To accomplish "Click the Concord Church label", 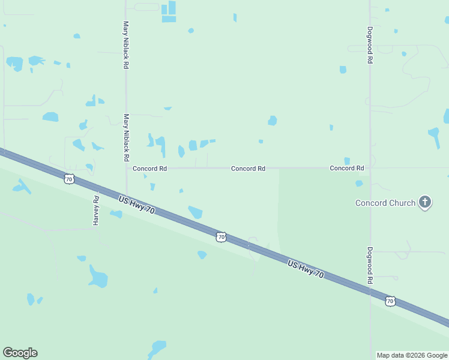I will [x=385, y=203].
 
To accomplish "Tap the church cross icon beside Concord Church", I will [x=425, y=202].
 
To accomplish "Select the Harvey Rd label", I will [x=95, y=210].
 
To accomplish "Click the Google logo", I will [x=20, y=353].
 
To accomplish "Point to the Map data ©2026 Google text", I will [x=412, y=355].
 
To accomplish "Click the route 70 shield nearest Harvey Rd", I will [x=70, y=179].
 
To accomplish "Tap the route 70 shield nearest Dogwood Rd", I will [x=390, y=301].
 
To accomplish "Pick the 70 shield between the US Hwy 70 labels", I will [x=221, y=237].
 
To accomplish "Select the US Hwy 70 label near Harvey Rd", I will [x=137, y=205].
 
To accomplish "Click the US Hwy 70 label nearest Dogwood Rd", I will [x=306, y=269].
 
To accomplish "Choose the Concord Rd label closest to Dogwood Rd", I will [x=347, y=169].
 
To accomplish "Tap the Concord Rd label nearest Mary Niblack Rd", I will [x=149, y=169].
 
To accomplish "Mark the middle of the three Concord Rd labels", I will [x=248, y=169].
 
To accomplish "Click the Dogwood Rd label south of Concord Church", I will [x=370, y=265].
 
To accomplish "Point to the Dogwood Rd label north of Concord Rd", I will [x=370, y=45].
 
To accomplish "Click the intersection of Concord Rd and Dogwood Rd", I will [x=370, y=169].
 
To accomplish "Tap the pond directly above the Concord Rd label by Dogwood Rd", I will [x=347, y=160].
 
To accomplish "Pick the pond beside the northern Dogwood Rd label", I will [x=343, y=70].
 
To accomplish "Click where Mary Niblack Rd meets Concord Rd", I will [x=126, y=169].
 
